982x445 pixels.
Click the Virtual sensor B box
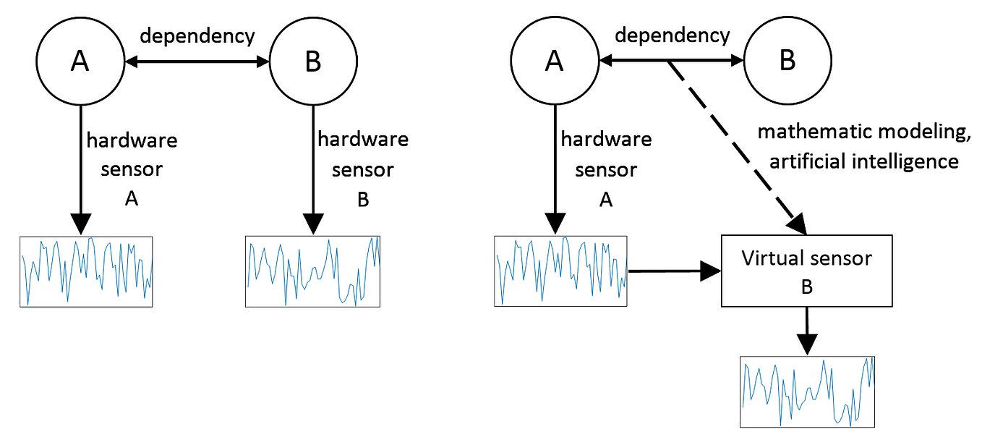click(807, 271)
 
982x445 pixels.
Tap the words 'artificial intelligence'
click(863, 161)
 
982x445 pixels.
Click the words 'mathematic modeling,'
click(857, 132)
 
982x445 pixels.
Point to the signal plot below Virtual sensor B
click(807, 391)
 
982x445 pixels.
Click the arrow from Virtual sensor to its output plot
click(807, 330)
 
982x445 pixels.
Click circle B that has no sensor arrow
click(787, 62)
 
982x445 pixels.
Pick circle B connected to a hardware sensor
click(313, 63)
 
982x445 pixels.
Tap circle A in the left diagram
click(80, 63)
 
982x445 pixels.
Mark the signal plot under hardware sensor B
click(313, 271)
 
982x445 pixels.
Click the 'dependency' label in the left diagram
click(197, 35)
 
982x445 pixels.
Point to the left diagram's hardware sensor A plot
click(86, 271)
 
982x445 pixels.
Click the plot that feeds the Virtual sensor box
click(560, 271)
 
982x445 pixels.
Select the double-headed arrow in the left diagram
click(197, 64)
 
